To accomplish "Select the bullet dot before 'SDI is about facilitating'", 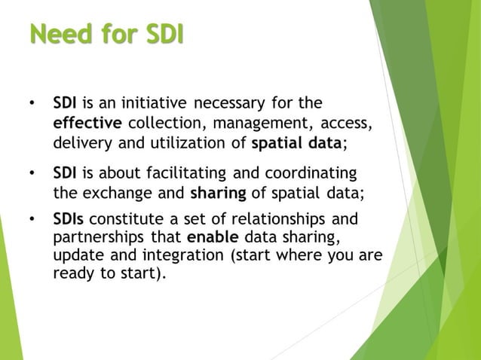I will (x=31, y=173).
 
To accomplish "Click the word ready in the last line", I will (x=72, y=275).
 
